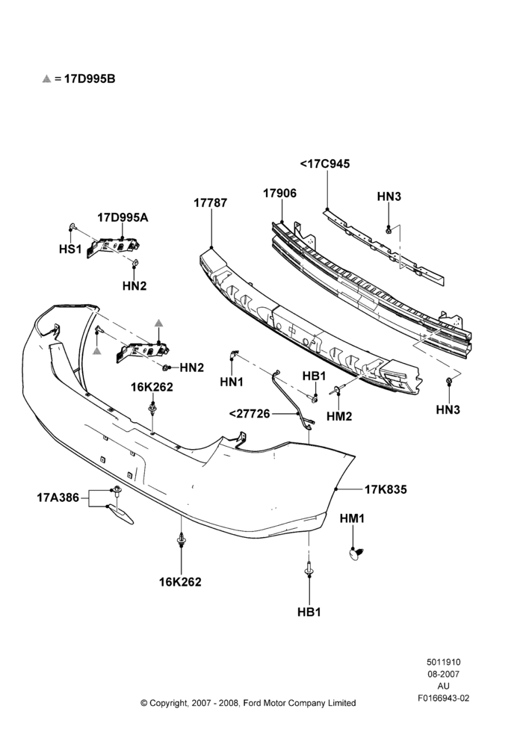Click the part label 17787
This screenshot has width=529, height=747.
tap(210, 202)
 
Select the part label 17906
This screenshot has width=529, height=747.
tap(279, 193)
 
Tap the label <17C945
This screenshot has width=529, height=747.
tap(325, 164)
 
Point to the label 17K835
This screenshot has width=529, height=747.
tap(386, 489)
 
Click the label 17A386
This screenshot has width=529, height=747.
tap(58, 498)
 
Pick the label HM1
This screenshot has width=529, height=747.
tap(352, 519)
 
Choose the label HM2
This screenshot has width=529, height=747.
tap(339, 416)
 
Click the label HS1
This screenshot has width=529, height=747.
tap(70, 249)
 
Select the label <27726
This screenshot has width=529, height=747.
tap(250, 414)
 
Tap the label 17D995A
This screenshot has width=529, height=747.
tap(123, 217)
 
